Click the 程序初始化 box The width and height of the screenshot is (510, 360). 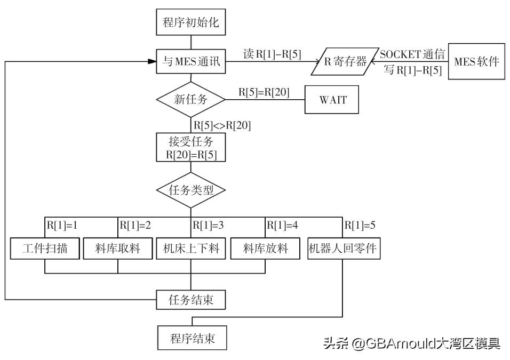coord(191,23)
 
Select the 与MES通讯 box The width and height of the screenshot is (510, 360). coord(191,62)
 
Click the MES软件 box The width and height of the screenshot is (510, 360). coord(476,62)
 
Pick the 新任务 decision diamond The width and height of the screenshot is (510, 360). coord(191,99)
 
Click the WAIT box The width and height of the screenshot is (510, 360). coord(332,100)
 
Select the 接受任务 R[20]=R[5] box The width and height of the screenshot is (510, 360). coord(191,147)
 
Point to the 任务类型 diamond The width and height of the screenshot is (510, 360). coord(191,190)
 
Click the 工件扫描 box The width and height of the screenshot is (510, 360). coord(45,249)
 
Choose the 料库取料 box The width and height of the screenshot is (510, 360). coord(117,249)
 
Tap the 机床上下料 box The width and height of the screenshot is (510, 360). coord(191,249)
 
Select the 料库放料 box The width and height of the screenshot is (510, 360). coord(265,249)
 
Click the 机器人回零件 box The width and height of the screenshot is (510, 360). coord(345,249)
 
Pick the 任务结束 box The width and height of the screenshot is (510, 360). coord(191,300)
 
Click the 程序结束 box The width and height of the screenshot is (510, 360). coord(192,338)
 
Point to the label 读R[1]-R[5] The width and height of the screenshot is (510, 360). coord(272,53)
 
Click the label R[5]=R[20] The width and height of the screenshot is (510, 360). coord(264,92)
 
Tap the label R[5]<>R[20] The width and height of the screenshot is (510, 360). coord(222,126)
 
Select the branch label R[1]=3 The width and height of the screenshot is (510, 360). coord(208,225)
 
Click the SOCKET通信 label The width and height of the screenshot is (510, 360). coord(412,54)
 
